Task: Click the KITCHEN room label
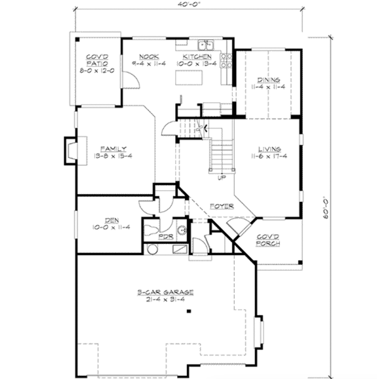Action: coord(197,57)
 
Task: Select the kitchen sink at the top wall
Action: coord(208,45)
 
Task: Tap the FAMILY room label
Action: coord(113,148)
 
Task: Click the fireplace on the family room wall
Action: coord(70,150)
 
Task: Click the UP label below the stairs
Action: coord(220,177)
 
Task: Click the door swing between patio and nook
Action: coord(130,80)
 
